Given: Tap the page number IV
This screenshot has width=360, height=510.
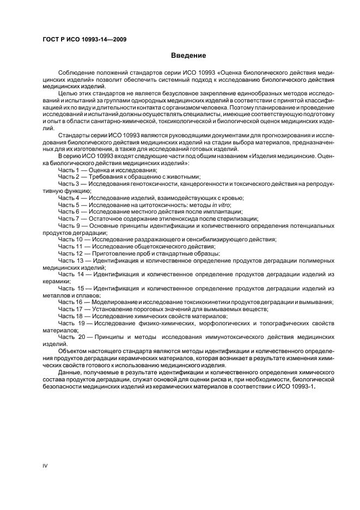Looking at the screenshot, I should click(46, 465).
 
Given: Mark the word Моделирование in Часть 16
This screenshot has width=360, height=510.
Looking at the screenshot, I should click(114, 302).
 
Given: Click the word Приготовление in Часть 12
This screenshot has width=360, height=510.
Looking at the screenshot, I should click(115, 253).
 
